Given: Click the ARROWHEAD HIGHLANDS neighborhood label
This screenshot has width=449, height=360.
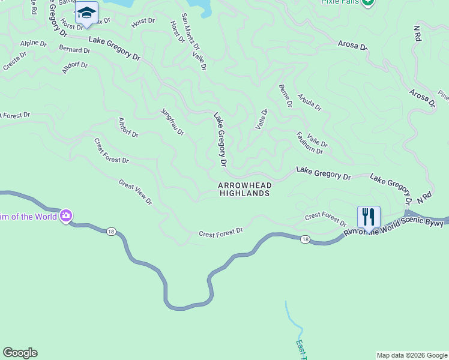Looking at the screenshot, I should tap(244, 190).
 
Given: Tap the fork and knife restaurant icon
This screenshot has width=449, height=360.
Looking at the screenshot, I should tap(369, 217).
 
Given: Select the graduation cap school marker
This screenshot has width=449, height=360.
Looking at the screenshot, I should tap(86, 13).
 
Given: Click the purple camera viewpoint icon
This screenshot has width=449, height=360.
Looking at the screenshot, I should tap(66, 215).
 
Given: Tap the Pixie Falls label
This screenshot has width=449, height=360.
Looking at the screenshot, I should tap(339, 2).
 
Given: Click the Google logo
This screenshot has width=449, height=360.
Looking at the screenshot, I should tap(20, 353).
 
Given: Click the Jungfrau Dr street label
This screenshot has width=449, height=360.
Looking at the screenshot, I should tap(172, 121).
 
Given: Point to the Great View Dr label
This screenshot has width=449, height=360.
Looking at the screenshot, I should tap(135, 192).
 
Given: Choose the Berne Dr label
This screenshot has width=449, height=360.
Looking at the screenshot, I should tap(285, 96).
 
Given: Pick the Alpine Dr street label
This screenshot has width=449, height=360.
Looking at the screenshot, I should tap(33, 43).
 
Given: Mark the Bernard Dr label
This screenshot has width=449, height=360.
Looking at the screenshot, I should tap(74, 49).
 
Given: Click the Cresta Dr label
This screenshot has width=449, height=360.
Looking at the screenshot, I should tap(15, 61).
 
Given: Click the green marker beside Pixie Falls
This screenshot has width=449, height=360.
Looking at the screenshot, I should tap(368, 2).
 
